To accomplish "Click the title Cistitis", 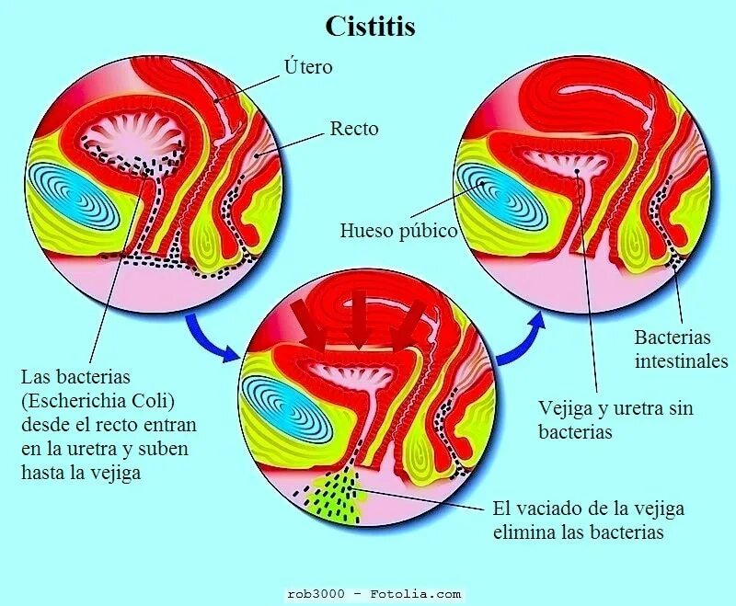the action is pos(370,27).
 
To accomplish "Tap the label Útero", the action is pos(308,67).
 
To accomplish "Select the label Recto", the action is pos(354,129).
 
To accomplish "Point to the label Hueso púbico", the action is pos(398,230).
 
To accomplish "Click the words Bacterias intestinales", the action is pos(681,349).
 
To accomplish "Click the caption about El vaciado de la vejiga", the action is pos(589,520).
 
